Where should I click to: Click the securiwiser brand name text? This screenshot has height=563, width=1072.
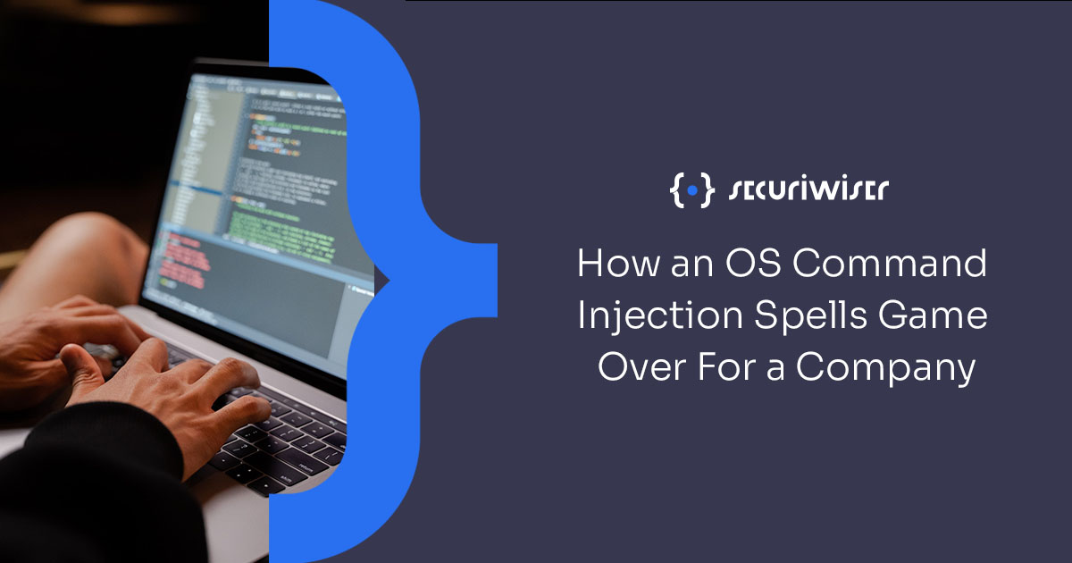pos(808,190)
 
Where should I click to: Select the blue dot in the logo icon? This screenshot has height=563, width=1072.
pos(692,190)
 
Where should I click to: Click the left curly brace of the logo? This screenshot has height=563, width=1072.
pos(676,190)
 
